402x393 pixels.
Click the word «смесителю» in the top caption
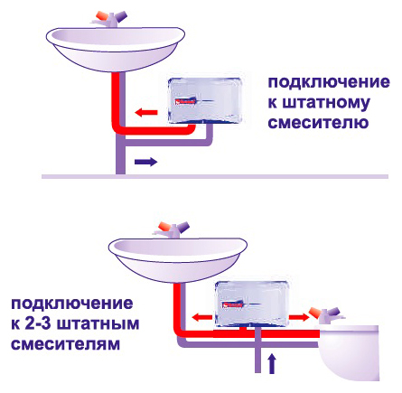318,122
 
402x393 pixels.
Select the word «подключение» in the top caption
329,82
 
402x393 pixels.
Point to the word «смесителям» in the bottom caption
66,343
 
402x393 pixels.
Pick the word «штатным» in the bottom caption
98,324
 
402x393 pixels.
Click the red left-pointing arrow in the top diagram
146,113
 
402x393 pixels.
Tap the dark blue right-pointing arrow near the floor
145,162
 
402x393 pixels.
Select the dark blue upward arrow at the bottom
272,364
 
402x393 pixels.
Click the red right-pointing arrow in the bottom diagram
299,317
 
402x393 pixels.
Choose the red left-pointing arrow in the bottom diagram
202,317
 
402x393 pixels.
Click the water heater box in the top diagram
205,100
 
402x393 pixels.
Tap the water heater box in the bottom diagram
253,304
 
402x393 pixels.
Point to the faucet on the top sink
110,19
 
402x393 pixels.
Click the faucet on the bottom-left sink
172,229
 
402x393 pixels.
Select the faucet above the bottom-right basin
328,315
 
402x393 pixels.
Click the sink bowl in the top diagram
116,49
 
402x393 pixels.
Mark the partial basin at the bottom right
349,351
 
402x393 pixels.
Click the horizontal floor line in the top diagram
215,176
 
